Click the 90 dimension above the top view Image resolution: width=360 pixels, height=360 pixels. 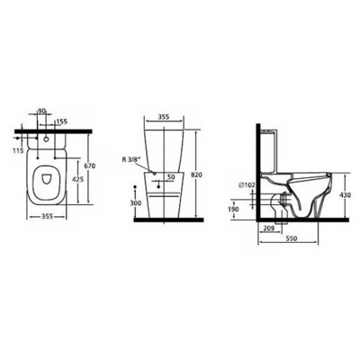(42, 111)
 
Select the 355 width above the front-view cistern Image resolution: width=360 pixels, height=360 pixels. (164, 116)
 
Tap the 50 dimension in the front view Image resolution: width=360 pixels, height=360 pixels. (171, 176)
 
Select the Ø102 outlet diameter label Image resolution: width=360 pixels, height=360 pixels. (249, 186)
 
